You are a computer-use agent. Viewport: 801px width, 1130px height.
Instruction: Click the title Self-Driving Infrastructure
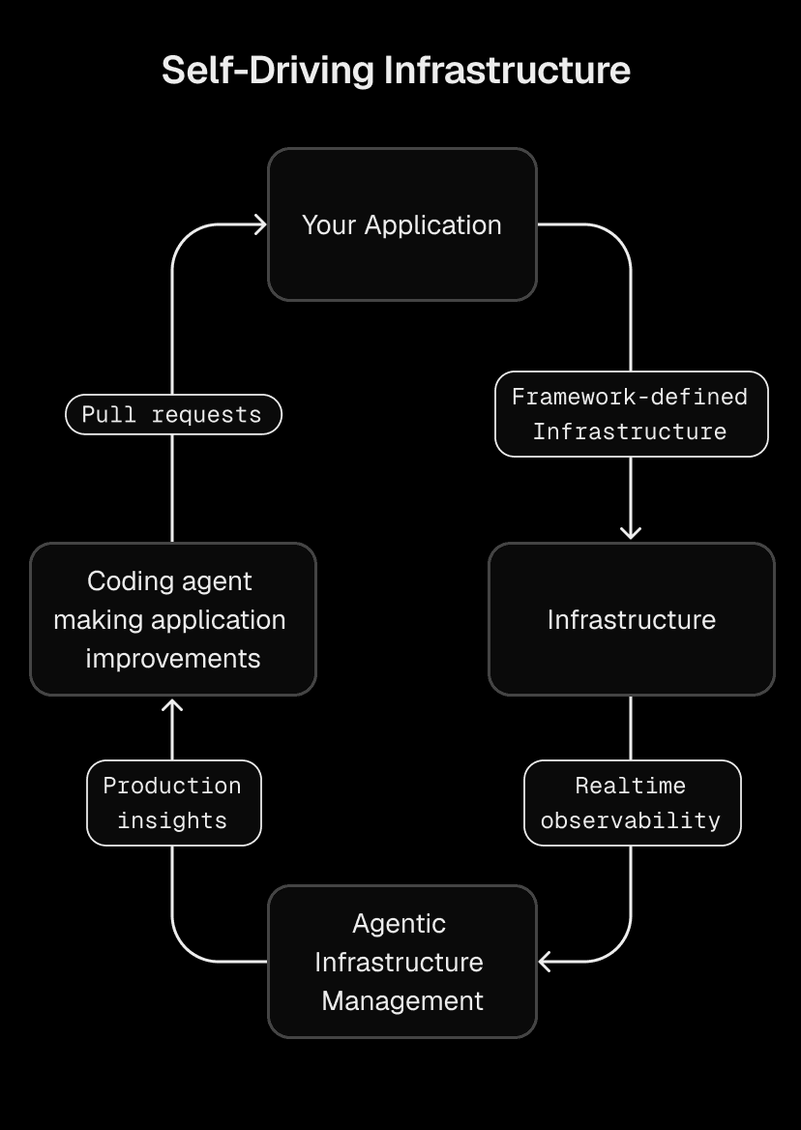396,71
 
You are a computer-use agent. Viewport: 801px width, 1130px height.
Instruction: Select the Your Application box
401,224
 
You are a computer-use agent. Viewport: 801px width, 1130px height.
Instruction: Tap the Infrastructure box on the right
631,619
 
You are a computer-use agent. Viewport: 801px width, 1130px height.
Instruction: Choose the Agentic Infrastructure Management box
401,962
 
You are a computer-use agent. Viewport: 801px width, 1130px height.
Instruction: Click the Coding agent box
172,619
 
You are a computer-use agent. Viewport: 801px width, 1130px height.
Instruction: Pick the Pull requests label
172,415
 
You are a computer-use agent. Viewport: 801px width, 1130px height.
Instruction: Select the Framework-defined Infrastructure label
631,414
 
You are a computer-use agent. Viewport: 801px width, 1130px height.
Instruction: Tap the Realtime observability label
631,803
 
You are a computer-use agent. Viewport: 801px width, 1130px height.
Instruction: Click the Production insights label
172,803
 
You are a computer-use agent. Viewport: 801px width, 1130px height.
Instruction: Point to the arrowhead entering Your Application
259,224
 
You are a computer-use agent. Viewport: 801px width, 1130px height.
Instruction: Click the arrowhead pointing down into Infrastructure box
631,532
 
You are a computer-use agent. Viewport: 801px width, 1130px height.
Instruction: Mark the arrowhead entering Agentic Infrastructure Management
546,962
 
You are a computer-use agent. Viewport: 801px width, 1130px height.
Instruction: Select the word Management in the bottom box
401,1000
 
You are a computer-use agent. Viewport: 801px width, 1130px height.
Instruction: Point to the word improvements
172,659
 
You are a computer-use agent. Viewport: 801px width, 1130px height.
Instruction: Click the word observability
631,821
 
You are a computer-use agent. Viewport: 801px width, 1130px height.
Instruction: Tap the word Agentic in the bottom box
399,924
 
